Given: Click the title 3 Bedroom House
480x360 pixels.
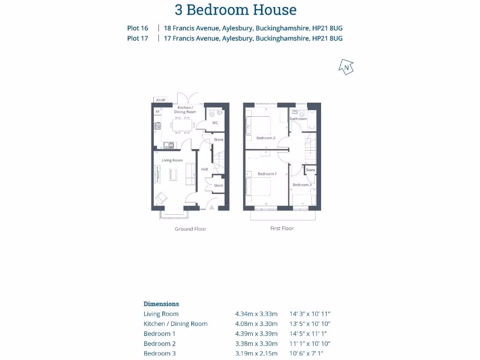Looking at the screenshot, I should pos(235,10).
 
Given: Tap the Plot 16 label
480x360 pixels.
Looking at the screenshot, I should pos(137,28).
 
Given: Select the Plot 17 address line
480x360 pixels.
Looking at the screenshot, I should pos(253,38).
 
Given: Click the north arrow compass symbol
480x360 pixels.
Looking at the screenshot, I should pos(346,67).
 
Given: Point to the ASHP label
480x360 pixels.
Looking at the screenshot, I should pos(161,100).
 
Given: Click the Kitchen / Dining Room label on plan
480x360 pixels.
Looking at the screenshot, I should pos(184,110).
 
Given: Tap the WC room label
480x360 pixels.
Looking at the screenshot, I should pos(215,123).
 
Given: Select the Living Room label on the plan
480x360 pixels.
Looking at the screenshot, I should pos(172,160).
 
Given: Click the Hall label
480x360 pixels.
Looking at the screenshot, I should pos(204,169).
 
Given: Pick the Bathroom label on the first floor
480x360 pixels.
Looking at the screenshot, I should pos(298,119).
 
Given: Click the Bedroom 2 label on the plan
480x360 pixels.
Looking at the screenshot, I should pos(265,138).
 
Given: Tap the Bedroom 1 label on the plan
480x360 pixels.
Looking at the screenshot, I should pos(267,174).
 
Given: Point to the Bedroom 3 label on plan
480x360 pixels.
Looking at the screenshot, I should pos(302,185).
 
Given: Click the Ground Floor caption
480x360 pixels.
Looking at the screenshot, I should pos(190,229).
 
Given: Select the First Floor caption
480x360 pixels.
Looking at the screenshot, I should pos(282,228).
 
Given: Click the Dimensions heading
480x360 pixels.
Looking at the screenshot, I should pos(161,304).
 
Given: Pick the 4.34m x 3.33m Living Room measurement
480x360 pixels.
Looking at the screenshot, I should pos(256,314).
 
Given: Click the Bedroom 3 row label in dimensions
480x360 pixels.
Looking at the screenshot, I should pos(160,353).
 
